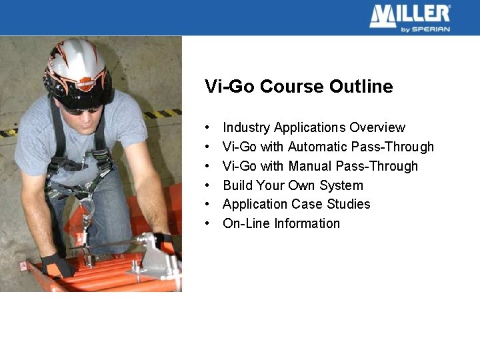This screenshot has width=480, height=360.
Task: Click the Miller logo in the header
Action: click(409, 15)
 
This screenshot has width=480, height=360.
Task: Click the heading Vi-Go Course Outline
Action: click(299, 87)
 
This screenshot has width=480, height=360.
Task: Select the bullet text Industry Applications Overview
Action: click(313, 127)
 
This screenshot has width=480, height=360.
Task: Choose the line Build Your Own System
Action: click(293, 185)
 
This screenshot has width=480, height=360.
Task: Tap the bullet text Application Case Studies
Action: click(296, 204)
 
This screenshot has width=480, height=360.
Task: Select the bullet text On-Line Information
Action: click(281, 223)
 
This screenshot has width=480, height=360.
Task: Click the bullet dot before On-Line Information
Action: click(209, 223)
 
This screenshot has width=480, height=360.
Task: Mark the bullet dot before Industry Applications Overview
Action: click(209, 127)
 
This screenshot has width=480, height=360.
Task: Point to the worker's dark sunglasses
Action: click(81, 109)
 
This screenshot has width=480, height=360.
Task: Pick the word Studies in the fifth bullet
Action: click(348, 204)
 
